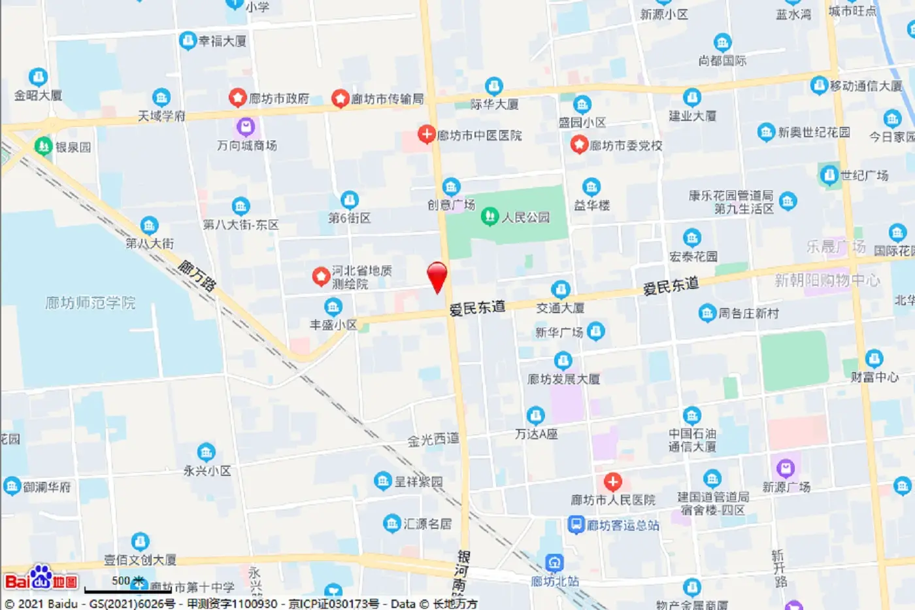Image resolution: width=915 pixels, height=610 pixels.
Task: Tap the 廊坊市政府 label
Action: [x=278, y=99]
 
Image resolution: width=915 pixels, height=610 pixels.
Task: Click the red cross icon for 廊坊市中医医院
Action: [x=426, y=135]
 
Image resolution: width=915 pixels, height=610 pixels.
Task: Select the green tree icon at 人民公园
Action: [x=489, y=217]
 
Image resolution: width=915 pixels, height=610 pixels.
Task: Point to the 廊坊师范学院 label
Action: [x=90, y=303]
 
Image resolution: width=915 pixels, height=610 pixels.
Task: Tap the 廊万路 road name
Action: [x=197, y=275]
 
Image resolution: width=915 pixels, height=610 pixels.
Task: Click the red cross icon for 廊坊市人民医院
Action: [x=612, y=483]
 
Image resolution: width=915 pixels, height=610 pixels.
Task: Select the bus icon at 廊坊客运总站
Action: [x=575, y=524]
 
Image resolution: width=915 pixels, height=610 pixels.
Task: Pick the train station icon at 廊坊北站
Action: [x=554, y=562]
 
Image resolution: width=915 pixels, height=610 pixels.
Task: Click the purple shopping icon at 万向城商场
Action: [x=246, y=126]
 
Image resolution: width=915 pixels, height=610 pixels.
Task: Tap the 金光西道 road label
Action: [x=433, y=440]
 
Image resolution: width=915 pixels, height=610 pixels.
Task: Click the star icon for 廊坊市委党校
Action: [x=579, y=144]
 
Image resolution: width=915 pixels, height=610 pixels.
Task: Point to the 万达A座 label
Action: [x=536, y=434]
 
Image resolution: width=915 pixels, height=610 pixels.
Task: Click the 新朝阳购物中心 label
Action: [x=827, y=280]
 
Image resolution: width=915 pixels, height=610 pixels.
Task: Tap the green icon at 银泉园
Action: [x=43, y=146]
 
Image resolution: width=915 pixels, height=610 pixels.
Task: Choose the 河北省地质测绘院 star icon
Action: [x=320, y=277]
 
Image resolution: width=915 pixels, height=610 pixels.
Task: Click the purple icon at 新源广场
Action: [x=785, y=468]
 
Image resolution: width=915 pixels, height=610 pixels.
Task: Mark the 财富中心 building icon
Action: [x=874, y=358]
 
